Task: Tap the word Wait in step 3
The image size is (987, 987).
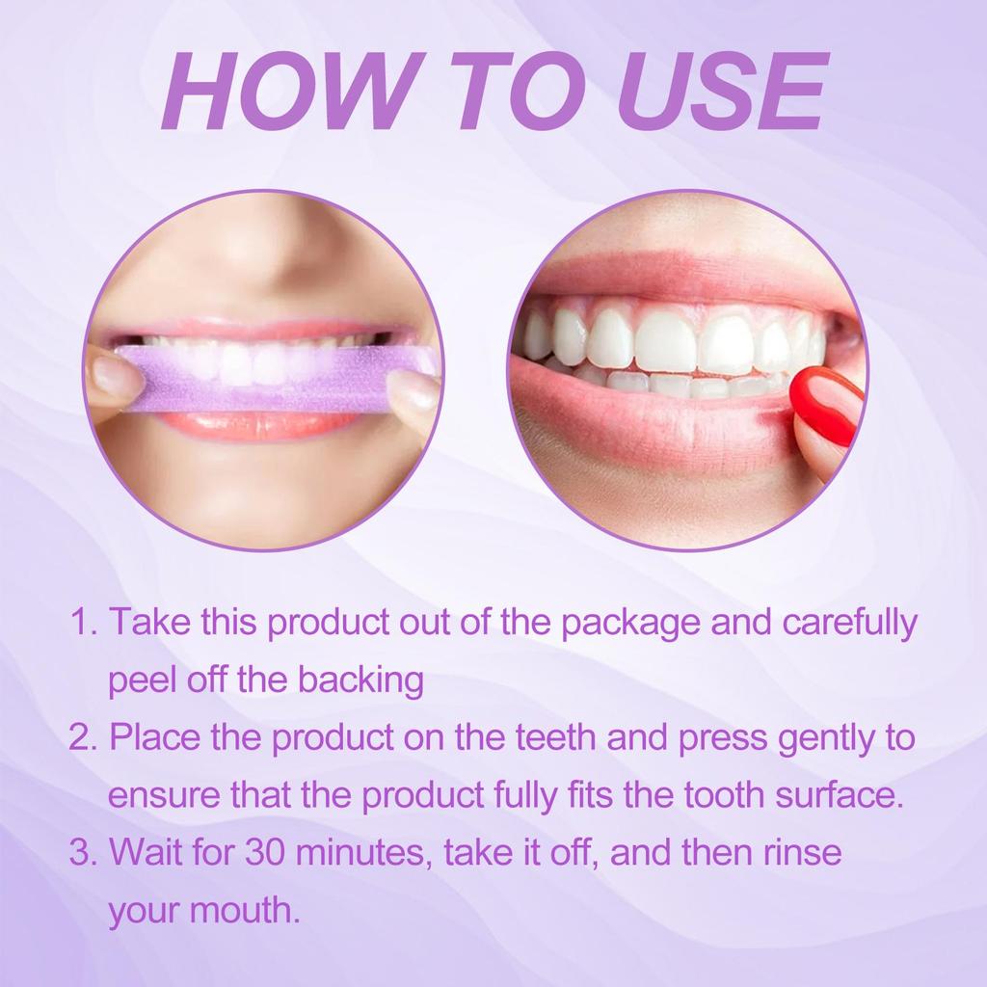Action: tap(145, 853)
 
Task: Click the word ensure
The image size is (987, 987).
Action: tap(161, 797)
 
